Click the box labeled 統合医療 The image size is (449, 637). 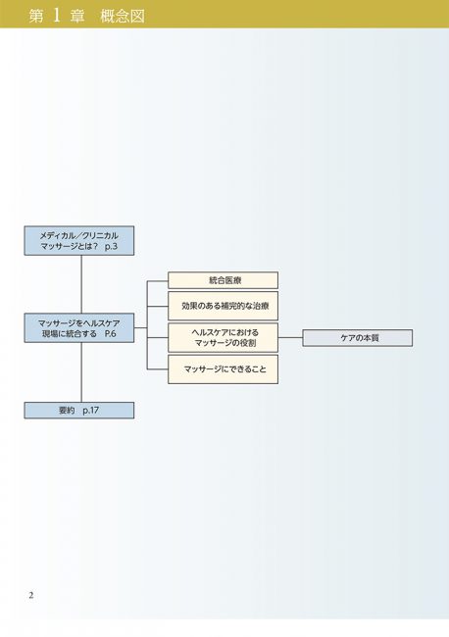click(224, 280)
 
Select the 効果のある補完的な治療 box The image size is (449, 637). click(224, 306)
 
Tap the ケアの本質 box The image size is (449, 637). click(358, 338)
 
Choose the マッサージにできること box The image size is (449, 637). click(224, 369)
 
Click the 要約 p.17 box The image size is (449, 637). click(79, 411)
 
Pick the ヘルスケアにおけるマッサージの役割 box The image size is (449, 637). click(224, 337)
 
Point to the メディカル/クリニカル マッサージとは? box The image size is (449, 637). click(79, 241)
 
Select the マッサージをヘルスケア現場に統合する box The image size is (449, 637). click(79, 328)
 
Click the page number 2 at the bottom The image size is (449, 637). click(31, 596)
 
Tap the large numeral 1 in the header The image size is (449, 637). click(57, 15)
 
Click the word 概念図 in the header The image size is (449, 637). click(123, 17)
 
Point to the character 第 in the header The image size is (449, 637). click(36, 17)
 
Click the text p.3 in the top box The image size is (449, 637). click(111, 246)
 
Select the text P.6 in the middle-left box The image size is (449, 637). click(110, 333)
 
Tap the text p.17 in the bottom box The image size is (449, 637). click(90, 411)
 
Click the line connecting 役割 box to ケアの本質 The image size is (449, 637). click(290, 337)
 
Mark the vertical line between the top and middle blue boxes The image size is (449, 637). click(81, 284)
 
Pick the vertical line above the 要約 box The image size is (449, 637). click(81, 372)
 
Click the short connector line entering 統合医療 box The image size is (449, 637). click(158, 280)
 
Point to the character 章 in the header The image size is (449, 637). click(77, 17)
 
